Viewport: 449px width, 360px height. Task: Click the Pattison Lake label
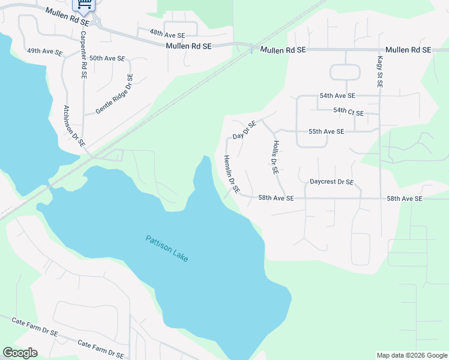click(167, 248)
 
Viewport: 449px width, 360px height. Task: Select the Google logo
click(20, 353)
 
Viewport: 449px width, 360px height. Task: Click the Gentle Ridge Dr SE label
click(114, 94)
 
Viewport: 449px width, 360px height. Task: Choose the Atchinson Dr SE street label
click(74, 127)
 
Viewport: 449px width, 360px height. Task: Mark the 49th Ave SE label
click(44, 52)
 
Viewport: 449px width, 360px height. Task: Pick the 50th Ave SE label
click(107, 58)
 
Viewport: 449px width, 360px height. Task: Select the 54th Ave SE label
click(337, 95)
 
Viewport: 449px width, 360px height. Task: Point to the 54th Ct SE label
click(348, 111)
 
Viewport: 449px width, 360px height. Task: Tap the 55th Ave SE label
click(326, 131)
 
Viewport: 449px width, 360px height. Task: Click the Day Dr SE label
click(244, 131)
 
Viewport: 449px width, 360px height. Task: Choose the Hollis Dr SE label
click(276, 157)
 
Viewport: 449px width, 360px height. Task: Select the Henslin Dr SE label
click(232, 174)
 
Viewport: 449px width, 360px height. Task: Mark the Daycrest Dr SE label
click(331, 182)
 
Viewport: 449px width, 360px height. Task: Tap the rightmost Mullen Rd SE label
click(408, 50)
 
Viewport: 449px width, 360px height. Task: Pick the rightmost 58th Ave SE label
click(405, 198)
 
